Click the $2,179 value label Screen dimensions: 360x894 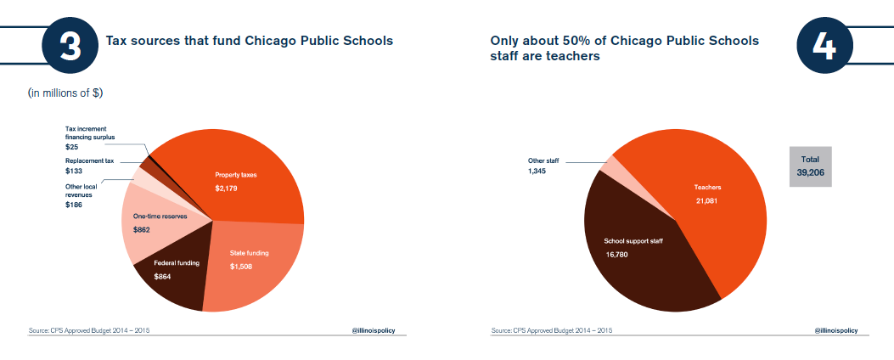(x=226, y=188)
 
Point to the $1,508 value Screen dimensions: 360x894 (x=241, y=267)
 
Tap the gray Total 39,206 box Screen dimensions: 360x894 (x=811, y=166)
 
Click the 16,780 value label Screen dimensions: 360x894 (x=616, y=255)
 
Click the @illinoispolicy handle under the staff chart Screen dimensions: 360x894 (x=835, y=330)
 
